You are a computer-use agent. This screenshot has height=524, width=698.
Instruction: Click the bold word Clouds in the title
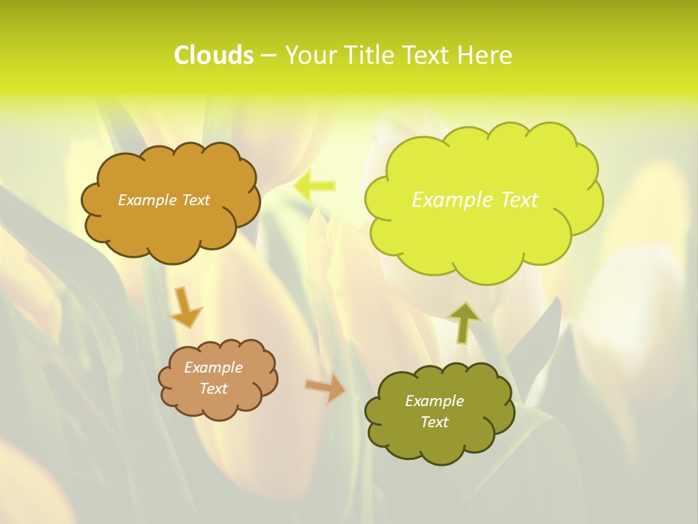coord(214,55)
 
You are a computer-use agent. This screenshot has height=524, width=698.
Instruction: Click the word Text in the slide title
coord(425,55)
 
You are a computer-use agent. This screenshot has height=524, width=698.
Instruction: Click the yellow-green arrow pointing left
coord(314,186)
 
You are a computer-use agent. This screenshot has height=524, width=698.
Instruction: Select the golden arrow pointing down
coord(185,307)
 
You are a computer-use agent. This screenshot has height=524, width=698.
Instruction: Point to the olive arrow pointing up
coord(464,322)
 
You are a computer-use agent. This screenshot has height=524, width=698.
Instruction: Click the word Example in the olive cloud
coord(434,401)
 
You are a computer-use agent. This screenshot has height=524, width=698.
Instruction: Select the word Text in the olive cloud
coord(434,422)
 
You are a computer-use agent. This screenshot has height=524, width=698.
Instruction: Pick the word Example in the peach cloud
coord(213,368)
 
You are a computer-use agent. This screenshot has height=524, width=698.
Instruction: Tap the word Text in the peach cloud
coord(213,389)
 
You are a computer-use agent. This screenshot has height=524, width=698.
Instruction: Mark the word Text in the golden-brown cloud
coord(193,200)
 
